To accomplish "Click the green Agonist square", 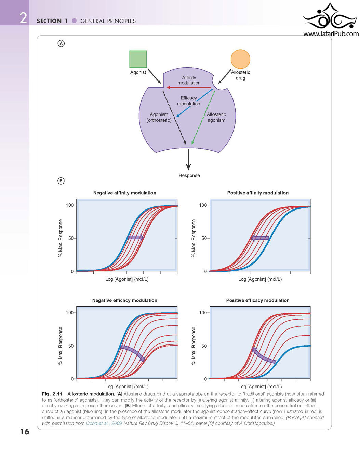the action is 138,59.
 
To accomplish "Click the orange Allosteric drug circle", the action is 240,59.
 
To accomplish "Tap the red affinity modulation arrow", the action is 189,87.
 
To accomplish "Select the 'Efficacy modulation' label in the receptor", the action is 188,101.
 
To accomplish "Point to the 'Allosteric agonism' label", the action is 216,117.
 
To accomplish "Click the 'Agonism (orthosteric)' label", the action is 159,117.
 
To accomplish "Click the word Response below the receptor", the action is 189,175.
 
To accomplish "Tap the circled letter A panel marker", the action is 61,44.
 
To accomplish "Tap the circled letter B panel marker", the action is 61,181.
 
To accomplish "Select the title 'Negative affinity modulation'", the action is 124,193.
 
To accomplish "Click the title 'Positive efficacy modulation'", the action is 258,300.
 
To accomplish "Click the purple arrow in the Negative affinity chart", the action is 135,238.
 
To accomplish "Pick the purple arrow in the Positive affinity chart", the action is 260,238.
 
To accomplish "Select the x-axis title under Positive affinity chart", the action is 260,279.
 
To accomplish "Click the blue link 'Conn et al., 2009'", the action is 104,423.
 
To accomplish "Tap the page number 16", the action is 25,432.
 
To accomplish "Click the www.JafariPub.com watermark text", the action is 331,34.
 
